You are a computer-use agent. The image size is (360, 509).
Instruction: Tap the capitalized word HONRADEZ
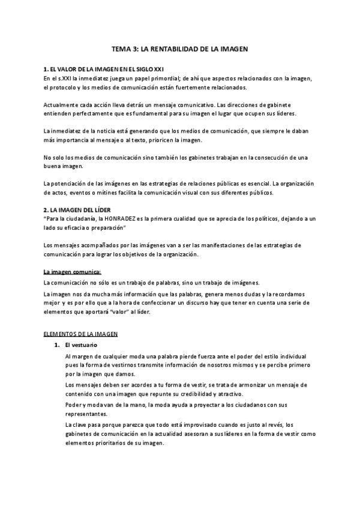pos(121,219)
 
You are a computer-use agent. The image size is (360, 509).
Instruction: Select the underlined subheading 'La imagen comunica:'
pos(72,271)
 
